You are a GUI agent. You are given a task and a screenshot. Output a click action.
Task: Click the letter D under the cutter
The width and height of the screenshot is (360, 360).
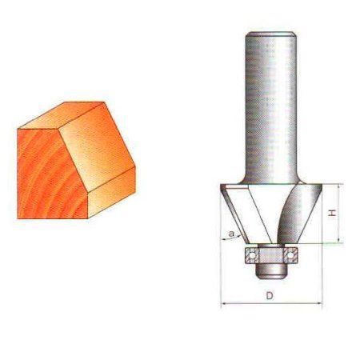(270, 295)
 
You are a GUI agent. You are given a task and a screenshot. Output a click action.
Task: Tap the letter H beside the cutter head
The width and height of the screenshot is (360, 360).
(332, 213)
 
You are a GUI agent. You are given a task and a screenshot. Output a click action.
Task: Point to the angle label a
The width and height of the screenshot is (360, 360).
(231, 234)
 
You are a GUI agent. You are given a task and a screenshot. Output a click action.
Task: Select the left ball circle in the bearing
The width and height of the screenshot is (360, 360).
(252, 255)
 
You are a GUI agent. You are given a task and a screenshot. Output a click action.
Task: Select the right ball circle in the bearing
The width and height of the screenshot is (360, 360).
(290, 255)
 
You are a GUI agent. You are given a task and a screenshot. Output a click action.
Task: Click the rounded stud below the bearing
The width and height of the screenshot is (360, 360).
(270, 271)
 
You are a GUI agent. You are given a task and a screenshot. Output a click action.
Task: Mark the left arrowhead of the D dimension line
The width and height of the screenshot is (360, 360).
(223, 303)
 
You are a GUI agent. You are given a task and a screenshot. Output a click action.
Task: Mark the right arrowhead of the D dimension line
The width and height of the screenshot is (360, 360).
(319, 303)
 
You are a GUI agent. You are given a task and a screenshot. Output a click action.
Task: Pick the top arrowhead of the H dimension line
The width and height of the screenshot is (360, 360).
(338, 187)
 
